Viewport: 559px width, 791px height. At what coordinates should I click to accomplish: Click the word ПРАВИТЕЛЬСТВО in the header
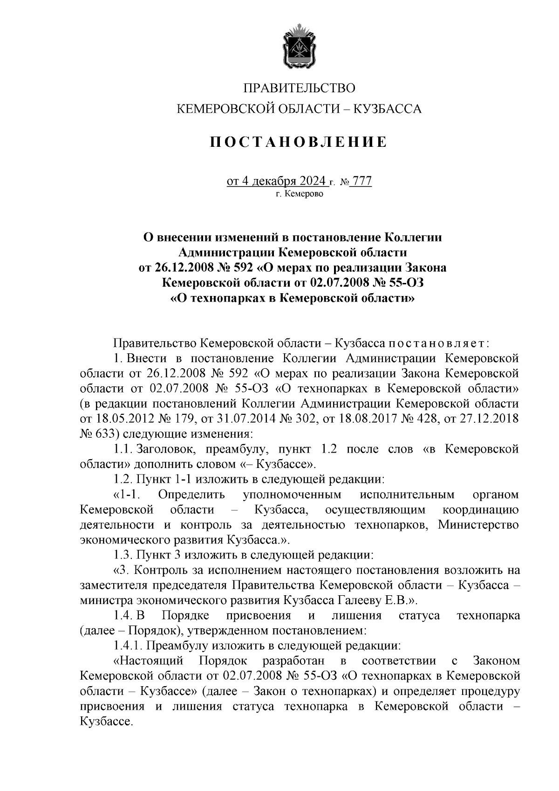300,88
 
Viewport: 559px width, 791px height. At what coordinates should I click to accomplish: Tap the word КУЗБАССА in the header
388,110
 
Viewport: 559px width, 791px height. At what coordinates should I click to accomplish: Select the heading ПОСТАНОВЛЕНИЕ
299,142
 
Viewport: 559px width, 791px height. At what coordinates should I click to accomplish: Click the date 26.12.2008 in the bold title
183,268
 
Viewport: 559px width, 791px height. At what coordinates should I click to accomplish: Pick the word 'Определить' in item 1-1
191,495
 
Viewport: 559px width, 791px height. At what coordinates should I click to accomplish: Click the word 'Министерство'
478,525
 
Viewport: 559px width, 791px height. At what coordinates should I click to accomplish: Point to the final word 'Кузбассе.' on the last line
107,722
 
